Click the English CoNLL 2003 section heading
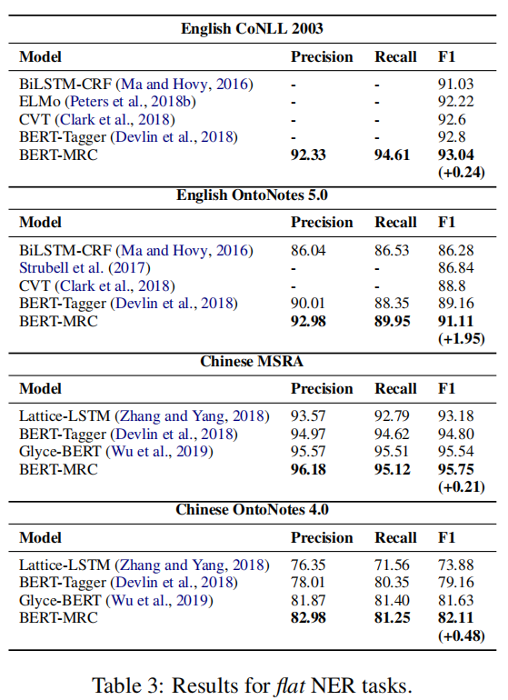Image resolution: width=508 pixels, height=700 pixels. [252, 28]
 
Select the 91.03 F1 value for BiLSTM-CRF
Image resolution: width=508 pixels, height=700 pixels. [456, 85]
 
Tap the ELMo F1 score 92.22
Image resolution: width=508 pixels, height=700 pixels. [456, 102]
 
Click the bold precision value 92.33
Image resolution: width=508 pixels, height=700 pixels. [309, 155]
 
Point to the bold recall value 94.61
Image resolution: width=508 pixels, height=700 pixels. [393, 155]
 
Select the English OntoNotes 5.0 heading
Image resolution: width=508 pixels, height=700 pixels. [252, 195]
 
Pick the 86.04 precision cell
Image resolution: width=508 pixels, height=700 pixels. [309, 250]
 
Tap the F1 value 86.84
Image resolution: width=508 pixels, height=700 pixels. [456, 267]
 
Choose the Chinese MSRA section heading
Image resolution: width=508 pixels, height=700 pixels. [252, 361]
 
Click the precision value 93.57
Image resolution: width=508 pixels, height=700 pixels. [309, 416]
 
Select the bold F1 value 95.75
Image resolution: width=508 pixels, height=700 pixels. [456, 469]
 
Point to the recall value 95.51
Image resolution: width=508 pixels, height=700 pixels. [393, 452]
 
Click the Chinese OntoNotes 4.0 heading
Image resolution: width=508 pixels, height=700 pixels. [252, 510]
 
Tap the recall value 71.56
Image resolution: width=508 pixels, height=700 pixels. [393, 565]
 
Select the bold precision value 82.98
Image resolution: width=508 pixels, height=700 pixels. [309, 618]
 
